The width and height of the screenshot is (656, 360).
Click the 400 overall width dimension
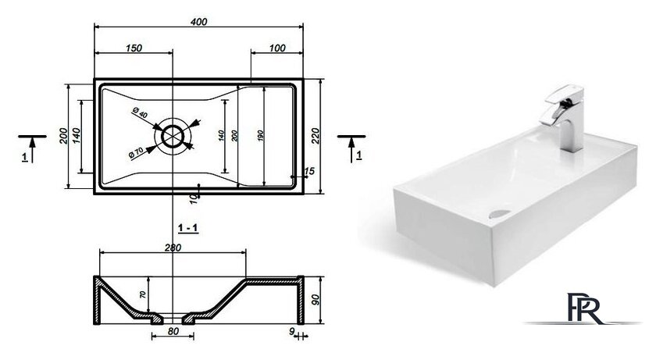click(198, 22)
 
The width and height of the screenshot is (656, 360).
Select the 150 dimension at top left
click(134, 48)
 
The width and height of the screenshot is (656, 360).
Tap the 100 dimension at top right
click(277, 48)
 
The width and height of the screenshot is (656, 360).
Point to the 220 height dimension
click(316, 136)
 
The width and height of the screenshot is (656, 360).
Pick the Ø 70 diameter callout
click(137, 152)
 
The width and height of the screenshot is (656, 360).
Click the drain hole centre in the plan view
click(173, 136)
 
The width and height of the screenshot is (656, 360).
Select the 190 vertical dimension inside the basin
click(261, 135)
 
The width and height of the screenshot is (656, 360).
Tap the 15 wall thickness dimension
click(309, 171)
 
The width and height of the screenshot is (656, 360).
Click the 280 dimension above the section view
click(173, 248)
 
